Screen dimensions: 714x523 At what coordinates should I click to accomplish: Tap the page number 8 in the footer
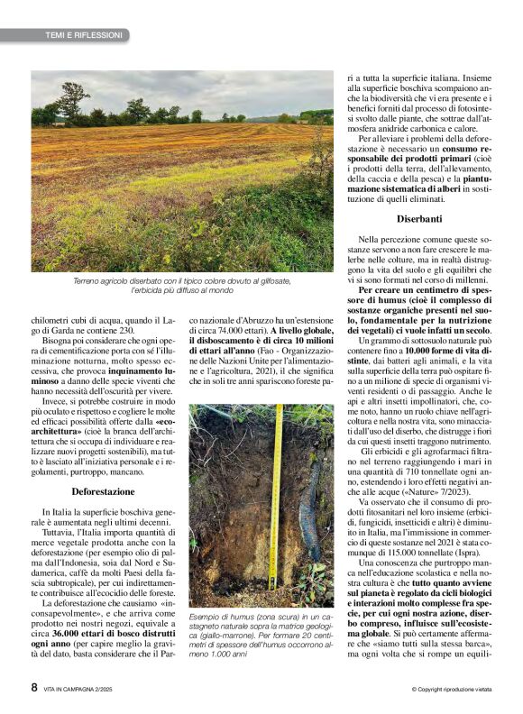click(34, 688)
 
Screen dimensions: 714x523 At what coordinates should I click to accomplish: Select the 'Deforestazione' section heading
click(103, 491)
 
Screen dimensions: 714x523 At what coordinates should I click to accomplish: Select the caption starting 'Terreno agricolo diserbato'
click(181, 286)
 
